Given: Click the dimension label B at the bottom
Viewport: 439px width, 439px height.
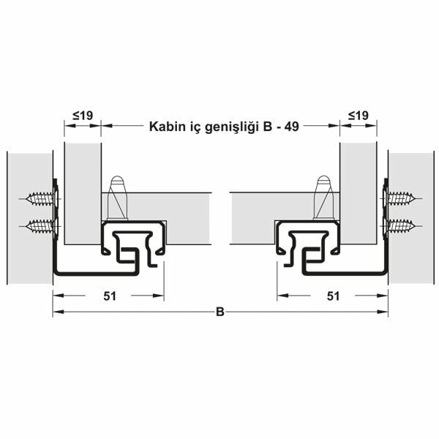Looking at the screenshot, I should [x=219, y=312].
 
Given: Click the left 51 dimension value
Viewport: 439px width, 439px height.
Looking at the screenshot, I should [x=108, y=296].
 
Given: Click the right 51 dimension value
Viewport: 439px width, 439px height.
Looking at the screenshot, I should [x=333, y=296].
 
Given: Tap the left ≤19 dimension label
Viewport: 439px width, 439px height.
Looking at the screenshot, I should [x=82, y=115].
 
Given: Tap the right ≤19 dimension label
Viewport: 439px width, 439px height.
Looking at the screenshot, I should [x=358, y=115].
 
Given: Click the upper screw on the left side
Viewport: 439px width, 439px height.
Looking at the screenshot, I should [x=41, y=198].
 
